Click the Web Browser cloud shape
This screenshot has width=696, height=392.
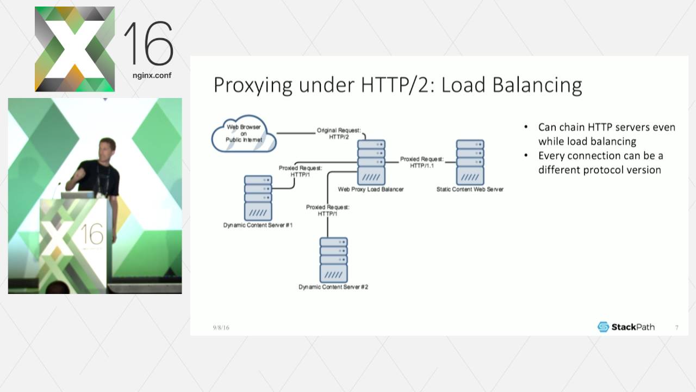(244, 136)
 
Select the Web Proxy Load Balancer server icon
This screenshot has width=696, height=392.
(371, 162)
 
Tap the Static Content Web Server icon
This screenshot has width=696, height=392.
(470, 162)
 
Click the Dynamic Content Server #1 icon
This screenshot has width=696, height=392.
(258, 197)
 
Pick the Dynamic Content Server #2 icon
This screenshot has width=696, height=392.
(333, 260)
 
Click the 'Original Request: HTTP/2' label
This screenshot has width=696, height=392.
(338, 134)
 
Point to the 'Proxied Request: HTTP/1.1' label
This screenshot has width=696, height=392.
(421, 162)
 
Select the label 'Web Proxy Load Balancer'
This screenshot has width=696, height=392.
(371, 189)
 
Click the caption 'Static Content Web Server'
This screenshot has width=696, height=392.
(470, 189)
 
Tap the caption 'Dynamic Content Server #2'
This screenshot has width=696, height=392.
(333, 287)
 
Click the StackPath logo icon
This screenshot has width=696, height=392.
(603, 327)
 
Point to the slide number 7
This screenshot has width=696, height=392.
(677, 328)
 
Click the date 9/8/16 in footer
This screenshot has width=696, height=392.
(221, 328)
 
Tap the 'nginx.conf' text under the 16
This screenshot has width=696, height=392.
(152, 76)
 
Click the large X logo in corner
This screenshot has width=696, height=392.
(74, 49)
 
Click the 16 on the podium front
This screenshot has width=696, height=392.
(92, 235)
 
